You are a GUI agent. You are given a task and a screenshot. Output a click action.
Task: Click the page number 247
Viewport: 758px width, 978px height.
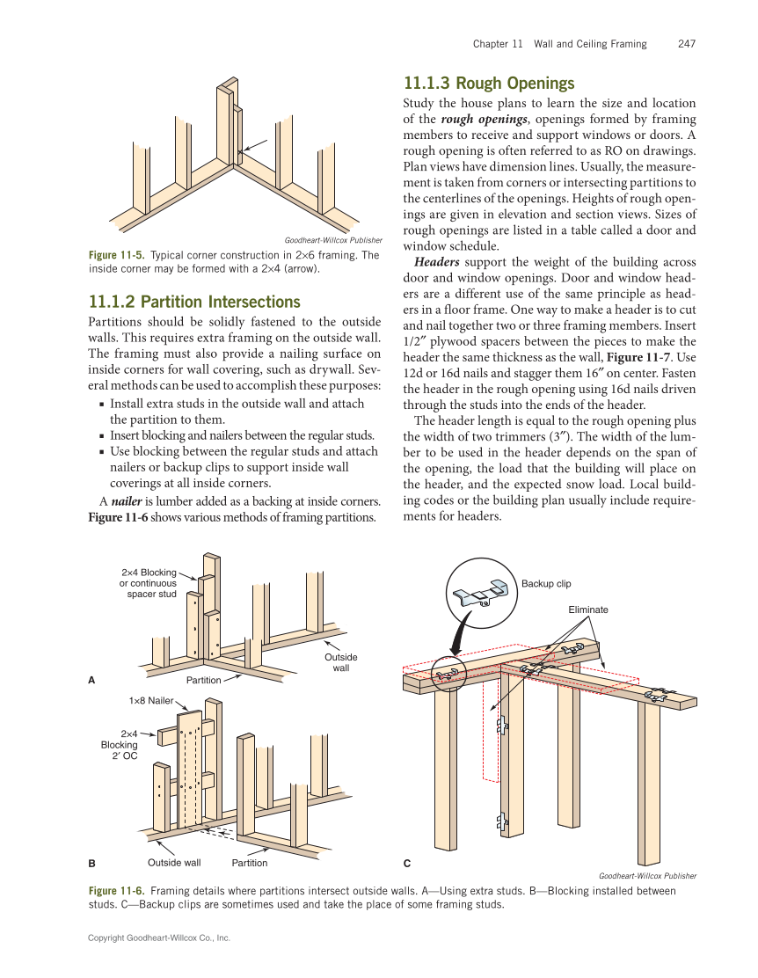(x=687, y=44)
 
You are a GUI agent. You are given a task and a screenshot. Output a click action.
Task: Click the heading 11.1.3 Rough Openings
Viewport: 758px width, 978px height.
(x=488, y=84)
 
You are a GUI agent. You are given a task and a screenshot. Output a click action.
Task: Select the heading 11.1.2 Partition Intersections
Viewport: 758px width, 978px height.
(x=194, y=302)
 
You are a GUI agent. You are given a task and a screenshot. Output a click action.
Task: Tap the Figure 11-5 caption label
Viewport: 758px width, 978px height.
(x=117, y=256)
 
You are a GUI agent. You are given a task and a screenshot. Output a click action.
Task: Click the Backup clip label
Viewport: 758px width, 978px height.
(x=546, y=584)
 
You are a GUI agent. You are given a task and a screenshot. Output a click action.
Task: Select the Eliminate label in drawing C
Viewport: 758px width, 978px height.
(x=588, y=609)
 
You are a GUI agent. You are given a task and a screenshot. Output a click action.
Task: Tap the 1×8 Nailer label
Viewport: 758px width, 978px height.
(x=151, y=700)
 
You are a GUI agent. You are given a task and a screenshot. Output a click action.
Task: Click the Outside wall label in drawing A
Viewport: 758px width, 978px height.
(x=341, y=663)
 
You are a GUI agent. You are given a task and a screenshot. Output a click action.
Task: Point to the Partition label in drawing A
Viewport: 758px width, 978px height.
(x=203, y=680)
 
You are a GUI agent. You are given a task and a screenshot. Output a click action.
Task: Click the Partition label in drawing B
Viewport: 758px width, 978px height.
(x=250, y=863)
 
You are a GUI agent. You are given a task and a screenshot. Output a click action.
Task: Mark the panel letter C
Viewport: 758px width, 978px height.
(x=406, y=864)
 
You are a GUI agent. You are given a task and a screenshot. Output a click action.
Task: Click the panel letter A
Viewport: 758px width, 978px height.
(x=91, y=680)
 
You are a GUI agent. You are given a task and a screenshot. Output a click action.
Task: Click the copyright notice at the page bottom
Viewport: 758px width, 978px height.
(x=159, y=938)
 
